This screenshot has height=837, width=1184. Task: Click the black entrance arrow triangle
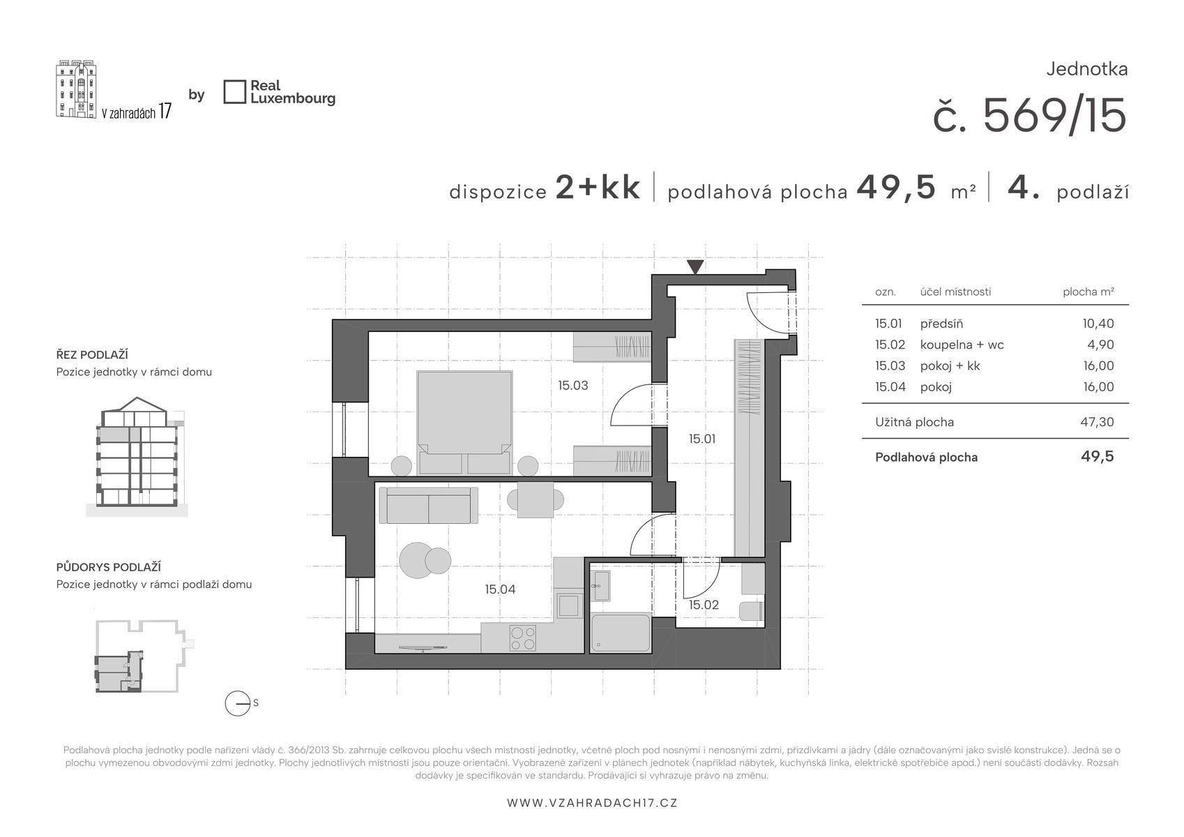[x=695, y=266]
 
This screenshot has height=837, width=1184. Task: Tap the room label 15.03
[x=573, y=386]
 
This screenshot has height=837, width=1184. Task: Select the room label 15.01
[x=702, y=438]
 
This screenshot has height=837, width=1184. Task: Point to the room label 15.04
[x=500, y=589]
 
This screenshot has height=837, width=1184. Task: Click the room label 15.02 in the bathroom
[x=704, y=605]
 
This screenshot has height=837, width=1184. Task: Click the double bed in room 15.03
[x=464, y=422]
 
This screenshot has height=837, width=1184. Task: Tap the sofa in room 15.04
[x=429, y=505]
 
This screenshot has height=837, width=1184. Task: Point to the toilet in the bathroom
[x=752, y=611]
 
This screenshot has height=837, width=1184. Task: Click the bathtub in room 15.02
[x=621, y=633]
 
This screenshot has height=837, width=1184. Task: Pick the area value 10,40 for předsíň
[x=1098, y=323]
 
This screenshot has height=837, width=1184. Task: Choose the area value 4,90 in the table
[x=1100, y=344]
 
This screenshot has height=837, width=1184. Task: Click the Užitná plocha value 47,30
[x=1097, y=422]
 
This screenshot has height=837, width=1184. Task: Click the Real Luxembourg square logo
[x=235, y=92]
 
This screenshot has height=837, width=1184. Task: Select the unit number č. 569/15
[x=1030, y=116]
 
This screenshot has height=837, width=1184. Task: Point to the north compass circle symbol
[x=237, y=704]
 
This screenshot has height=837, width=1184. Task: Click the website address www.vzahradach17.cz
[x=592, y=803]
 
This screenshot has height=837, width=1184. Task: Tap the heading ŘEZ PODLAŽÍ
[x=92, y=355]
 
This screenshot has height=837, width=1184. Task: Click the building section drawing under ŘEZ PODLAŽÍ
[x=137, y=457]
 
